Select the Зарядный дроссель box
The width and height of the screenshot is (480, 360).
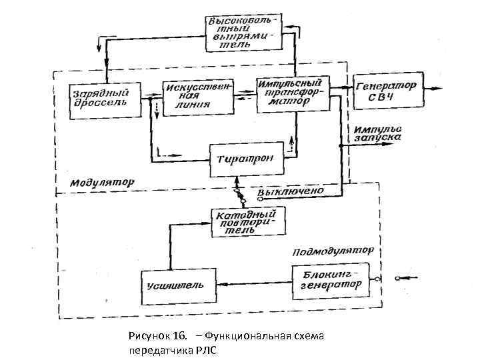click(x=103, y=99)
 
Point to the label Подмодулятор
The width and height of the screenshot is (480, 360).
click(x=331, y=252)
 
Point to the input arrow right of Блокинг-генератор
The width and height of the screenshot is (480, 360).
click(x=405, y=277)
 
